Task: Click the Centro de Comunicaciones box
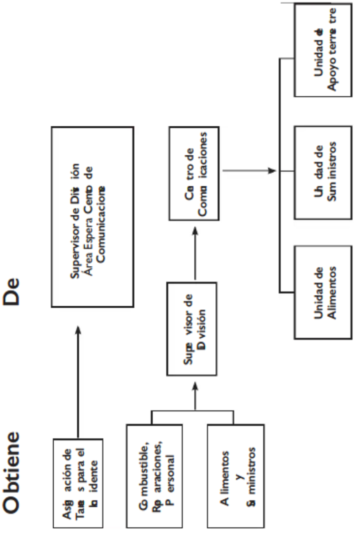pyautogui.click(x=195, y=173)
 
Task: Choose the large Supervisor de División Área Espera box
pyautogui.click(x=92, y=216)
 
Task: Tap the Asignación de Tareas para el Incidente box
pyautogui.click(x=79, y=481)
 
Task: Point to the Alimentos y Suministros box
pyautogui.click(x=234, y=476)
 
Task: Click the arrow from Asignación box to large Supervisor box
pyautogui.click(x=78, y=379)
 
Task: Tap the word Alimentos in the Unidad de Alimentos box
pyautogui.click(x=332, y=291)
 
